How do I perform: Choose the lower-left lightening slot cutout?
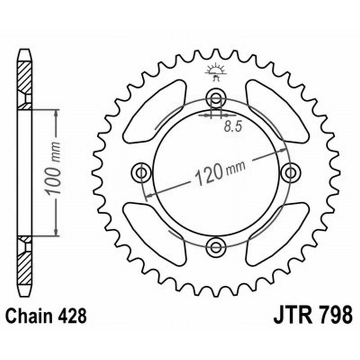[155, 233]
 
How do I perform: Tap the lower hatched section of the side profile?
[25, 268]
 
